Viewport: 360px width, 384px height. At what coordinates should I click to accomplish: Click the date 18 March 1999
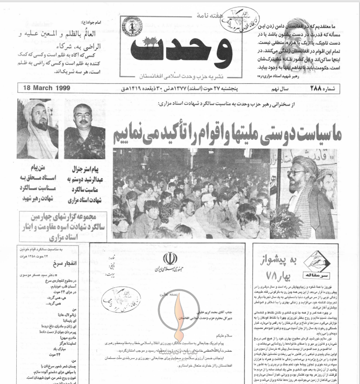[46, 88]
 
